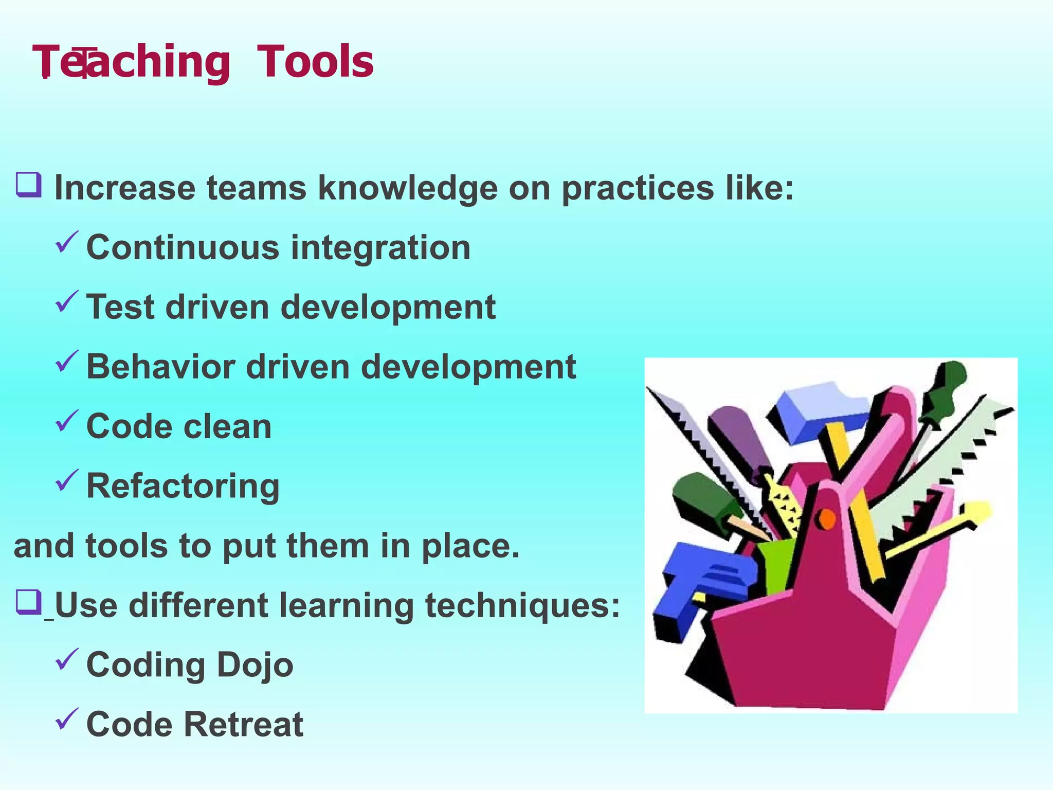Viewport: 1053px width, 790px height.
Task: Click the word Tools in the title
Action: pos(315,62)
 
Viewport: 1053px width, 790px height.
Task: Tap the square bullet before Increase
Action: pos(28,185)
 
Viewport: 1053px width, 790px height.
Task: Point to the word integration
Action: pos(380,248)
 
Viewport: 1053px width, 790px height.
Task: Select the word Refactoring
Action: pos(183,486)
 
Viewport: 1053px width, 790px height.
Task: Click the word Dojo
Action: pos(255,665)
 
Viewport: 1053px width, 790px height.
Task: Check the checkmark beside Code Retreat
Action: pos(67,719)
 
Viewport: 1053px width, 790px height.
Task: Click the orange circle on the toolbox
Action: pos(827,519)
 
